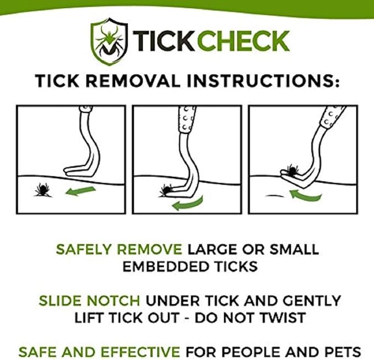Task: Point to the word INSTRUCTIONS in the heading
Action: click(269, 80)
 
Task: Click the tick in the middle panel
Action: click(166, 191)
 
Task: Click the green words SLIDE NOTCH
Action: click(91, 301)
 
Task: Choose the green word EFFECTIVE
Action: click(138, 351)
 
